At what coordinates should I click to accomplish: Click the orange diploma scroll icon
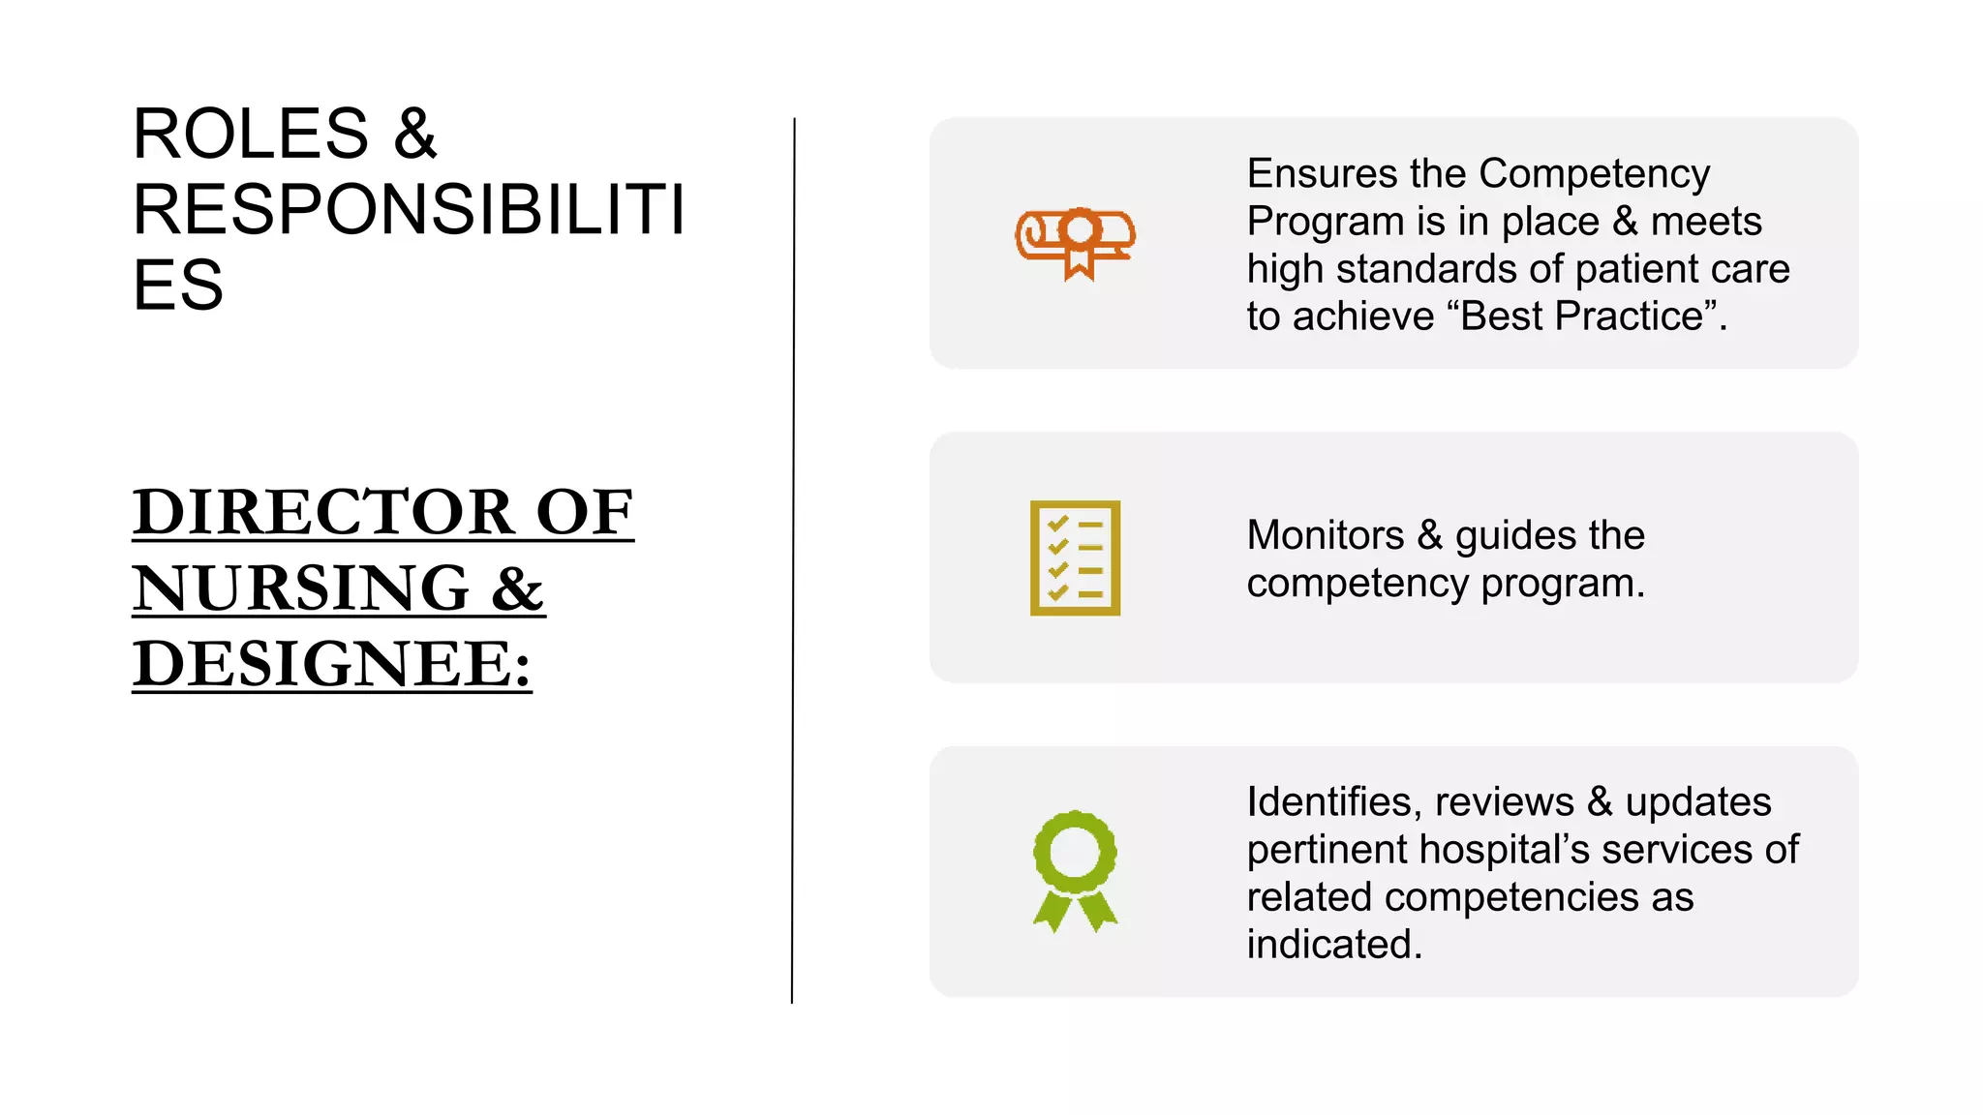click(x=1075, y=242)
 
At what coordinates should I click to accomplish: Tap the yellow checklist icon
click(x=1075, y=557)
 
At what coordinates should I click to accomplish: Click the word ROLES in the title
click(x=251, y=134)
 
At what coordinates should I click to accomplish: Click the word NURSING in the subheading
click(x=301, y=588)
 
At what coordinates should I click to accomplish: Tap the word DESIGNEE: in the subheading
click(x=332, y=664)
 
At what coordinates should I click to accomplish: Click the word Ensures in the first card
click(x=1322, y=174)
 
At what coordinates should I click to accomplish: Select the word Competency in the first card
click(x=1595, y=174)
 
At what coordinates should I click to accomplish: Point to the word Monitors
click(x=1325, y=535)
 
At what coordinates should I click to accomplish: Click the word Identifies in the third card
click(x=1333, y=801)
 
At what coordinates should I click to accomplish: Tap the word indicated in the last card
click(x=1333, y=945)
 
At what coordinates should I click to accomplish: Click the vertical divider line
click(x=793, y=561)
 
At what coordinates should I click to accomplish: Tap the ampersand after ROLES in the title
click(x=415, y=134)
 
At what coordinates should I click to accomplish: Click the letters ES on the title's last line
click(x=178, y=286)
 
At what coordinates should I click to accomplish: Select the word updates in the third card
click(x=1697, y=801)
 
